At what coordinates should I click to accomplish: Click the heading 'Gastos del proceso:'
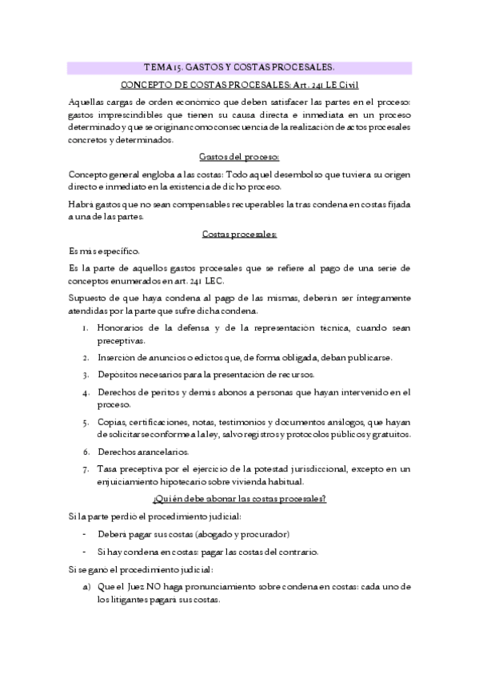click(x=239, y=155)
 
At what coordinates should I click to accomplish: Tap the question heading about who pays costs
click(x=239, y=499)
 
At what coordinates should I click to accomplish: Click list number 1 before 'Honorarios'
click(x=85, y=327)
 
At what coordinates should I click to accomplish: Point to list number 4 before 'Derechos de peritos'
click(x=85, y=392)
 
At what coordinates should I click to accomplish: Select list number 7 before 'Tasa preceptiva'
click(x=85, y=468)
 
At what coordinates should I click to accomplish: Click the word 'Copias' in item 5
click(x=113, y=421)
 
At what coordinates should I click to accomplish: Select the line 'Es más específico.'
click(x=105, y=251)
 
